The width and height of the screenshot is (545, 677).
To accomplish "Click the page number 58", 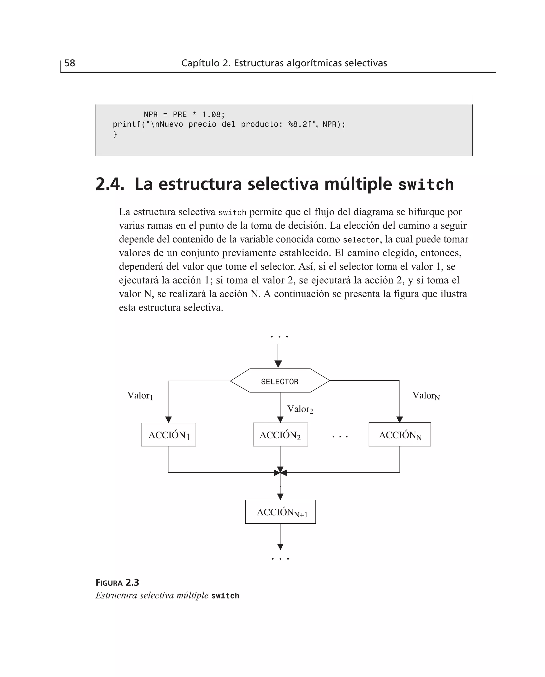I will [70, 63].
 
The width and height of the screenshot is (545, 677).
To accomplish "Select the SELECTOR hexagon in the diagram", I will [280, 381].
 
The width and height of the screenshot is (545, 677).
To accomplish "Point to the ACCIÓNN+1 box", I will [280, 512].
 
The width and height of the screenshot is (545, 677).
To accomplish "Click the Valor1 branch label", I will [140, 396].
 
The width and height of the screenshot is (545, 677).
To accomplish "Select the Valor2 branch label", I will [300, 409].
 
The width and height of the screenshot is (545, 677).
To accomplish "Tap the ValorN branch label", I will [426, 396].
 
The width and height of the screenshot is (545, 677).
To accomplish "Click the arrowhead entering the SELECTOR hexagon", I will [278, 364].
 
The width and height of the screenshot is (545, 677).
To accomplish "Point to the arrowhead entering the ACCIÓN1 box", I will [169, 420].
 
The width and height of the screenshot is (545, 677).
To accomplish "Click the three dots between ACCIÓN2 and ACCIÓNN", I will [340, 437].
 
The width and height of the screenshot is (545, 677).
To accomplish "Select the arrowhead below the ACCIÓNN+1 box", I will [280, 547].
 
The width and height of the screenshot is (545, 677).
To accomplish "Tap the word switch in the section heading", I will [426, 185].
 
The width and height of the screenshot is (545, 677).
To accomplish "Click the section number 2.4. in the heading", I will [110, 184].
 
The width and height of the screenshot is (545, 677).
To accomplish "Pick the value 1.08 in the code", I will [211, 115].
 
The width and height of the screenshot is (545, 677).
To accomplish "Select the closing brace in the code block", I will [115, 134].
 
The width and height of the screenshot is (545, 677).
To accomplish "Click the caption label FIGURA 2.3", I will [117, 583].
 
